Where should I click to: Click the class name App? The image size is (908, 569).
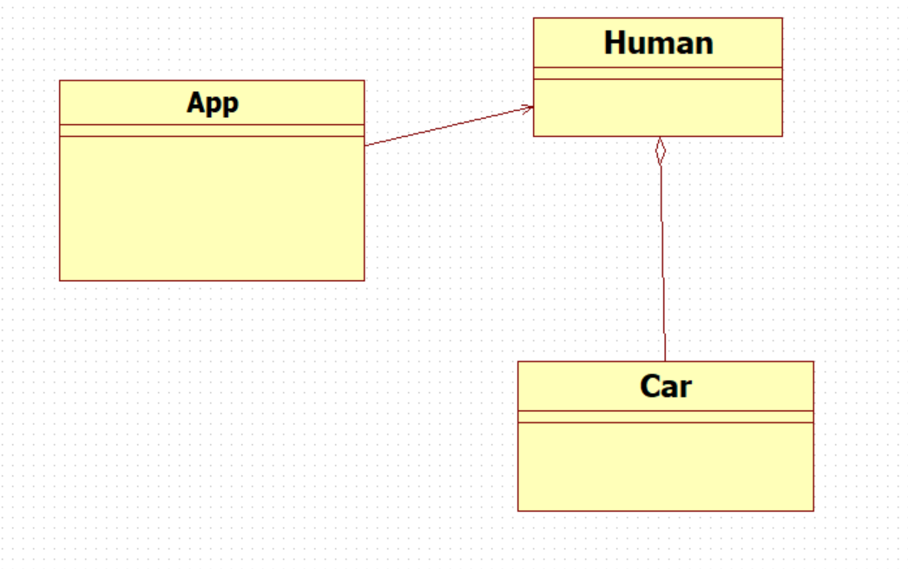pyautogui.click(x=212, y=104)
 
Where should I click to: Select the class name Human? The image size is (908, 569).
pyautogui.click(x=658, y=43)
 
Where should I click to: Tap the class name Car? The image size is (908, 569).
pyautogui.click(x=665, y=386)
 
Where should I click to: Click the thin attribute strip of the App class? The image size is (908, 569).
pyautogui.click(x=212, y=130)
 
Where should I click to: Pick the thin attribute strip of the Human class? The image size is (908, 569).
pyautogui.click(x=658, y=73)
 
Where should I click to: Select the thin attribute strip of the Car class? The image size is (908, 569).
pyautogui.click(x=665, y=416)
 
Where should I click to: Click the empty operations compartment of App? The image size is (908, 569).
pyautogui.click(x=212, y=208)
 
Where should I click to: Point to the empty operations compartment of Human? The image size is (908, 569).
pyautogui.click(x=658, y=108)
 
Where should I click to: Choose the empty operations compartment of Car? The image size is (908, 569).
pyautogui.click(x=665, y=467)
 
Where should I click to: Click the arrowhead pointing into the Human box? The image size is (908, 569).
pyautogui.click(x=528, y=108)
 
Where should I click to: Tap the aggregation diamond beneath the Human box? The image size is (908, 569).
pyautogui.click(x=660, y=151)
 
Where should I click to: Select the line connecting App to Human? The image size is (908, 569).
pyautogui.click(x=449, y=126)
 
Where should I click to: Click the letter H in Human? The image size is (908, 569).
pyautogui.click(x=614, y=43)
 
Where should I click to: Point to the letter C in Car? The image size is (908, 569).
pyautogui.click(x=650, y=386)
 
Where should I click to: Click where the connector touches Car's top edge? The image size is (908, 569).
pyautogui.click(x=665, y=362)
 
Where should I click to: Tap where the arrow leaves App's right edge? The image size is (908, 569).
pyautogui.click(x=365, y=146)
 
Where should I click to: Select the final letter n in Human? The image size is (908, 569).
pyautogui.click(x=705, y=46)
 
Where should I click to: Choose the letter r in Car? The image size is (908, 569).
pyautogui.click(x=686, y=389)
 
